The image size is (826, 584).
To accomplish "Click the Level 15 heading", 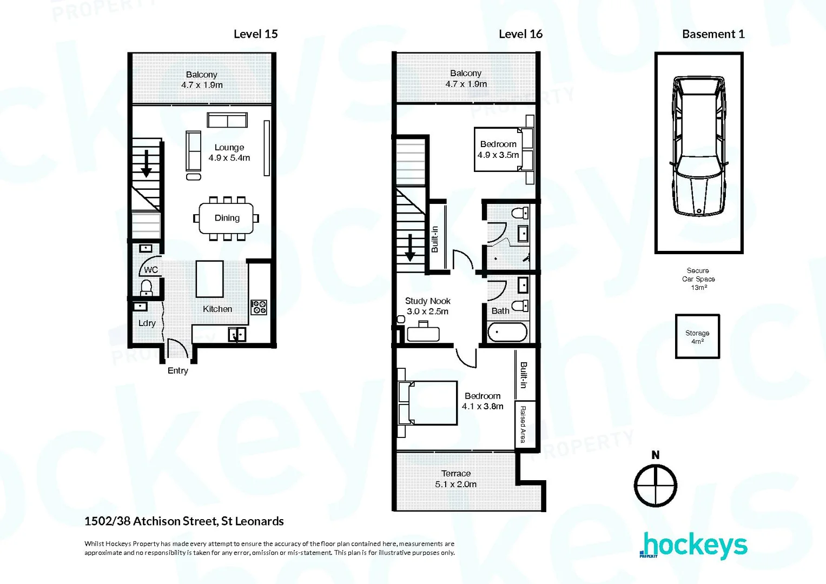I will [255, 34].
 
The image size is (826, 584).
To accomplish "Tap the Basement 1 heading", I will [713, 34].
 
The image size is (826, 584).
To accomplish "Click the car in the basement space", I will [698, 146].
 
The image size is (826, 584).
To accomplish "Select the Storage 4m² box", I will [697, 336].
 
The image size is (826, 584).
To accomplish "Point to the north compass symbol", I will [655, 485].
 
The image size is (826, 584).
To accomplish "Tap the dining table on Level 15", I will [226, 218].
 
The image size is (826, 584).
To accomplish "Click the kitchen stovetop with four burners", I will [259, 307].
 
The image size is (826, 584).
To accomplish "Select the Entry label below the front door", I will [177, 370].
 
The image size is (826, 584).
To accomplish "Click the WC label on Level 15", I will [151, 270].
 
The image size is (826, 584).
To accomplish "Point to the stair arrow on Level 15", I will [146, 164].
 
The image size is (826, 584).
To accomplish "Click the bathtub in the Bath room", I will [507, 332].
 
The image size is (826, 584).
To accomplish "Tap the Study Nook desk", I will [423, 333].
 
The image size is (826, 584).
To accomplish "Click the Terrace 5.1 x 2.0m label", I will [455, 479].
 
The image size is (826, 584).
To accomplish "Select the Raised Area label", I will [523, 424].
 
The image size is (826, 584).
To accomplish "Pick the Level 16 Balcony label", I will [466, 78].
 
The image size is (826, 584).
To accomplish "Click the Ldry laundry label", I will [147, 323].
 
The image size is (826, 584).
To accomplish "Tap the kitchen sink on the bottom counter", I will [237, 335].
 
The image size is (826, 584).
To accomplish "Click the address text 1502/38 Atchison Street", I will [184, 521].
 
